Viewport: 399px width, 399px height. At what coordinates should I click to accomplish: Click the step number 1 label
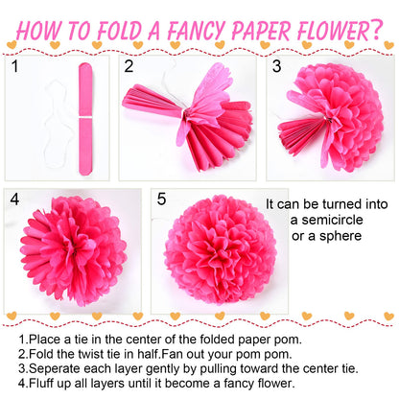[14, 67]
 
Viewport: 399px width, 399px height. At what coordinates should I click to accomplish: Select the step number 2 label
[129, 67]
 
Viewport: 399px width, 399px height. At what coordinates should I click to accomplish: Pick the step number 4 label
[14, 199]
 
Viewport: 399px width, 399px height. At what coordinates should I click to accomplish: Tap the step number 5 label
[161, 199]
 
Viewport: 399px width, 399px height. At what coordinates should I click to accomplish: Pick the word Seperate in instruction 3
[55, 367]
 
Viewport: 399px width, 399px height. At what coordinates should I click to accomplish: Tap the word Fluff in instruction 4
[42, 382]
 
